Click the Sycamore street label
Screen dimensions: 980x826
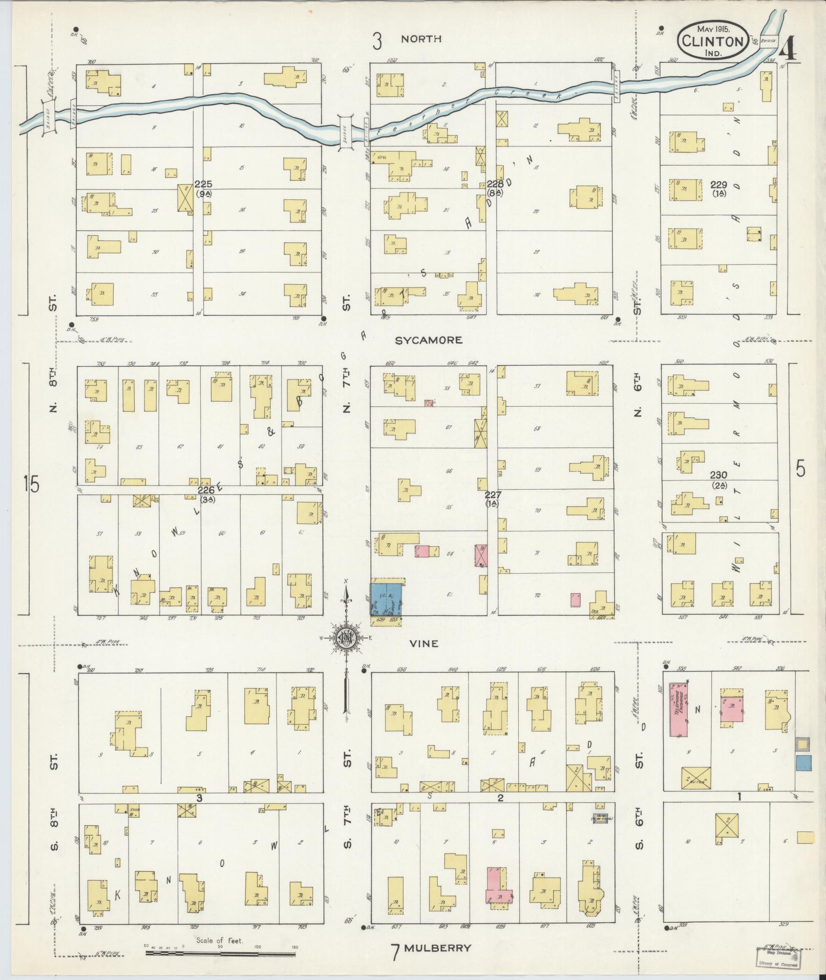[x=428, y=340]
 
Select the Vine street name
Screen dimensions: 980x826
[x=425, y=643]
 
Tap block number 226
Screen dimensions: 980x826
[x=206, y=490]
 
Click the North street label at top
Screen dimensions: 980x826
[x=421, y=39]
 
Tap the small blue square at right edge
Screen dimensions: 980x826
[x=803, y=763]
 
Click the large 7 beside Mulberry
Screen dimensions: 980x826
[x=395, y=952]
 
